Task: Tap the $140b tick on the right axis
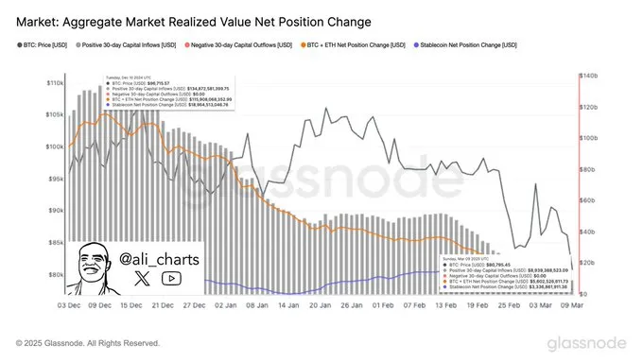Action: [x=589, y=75]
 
